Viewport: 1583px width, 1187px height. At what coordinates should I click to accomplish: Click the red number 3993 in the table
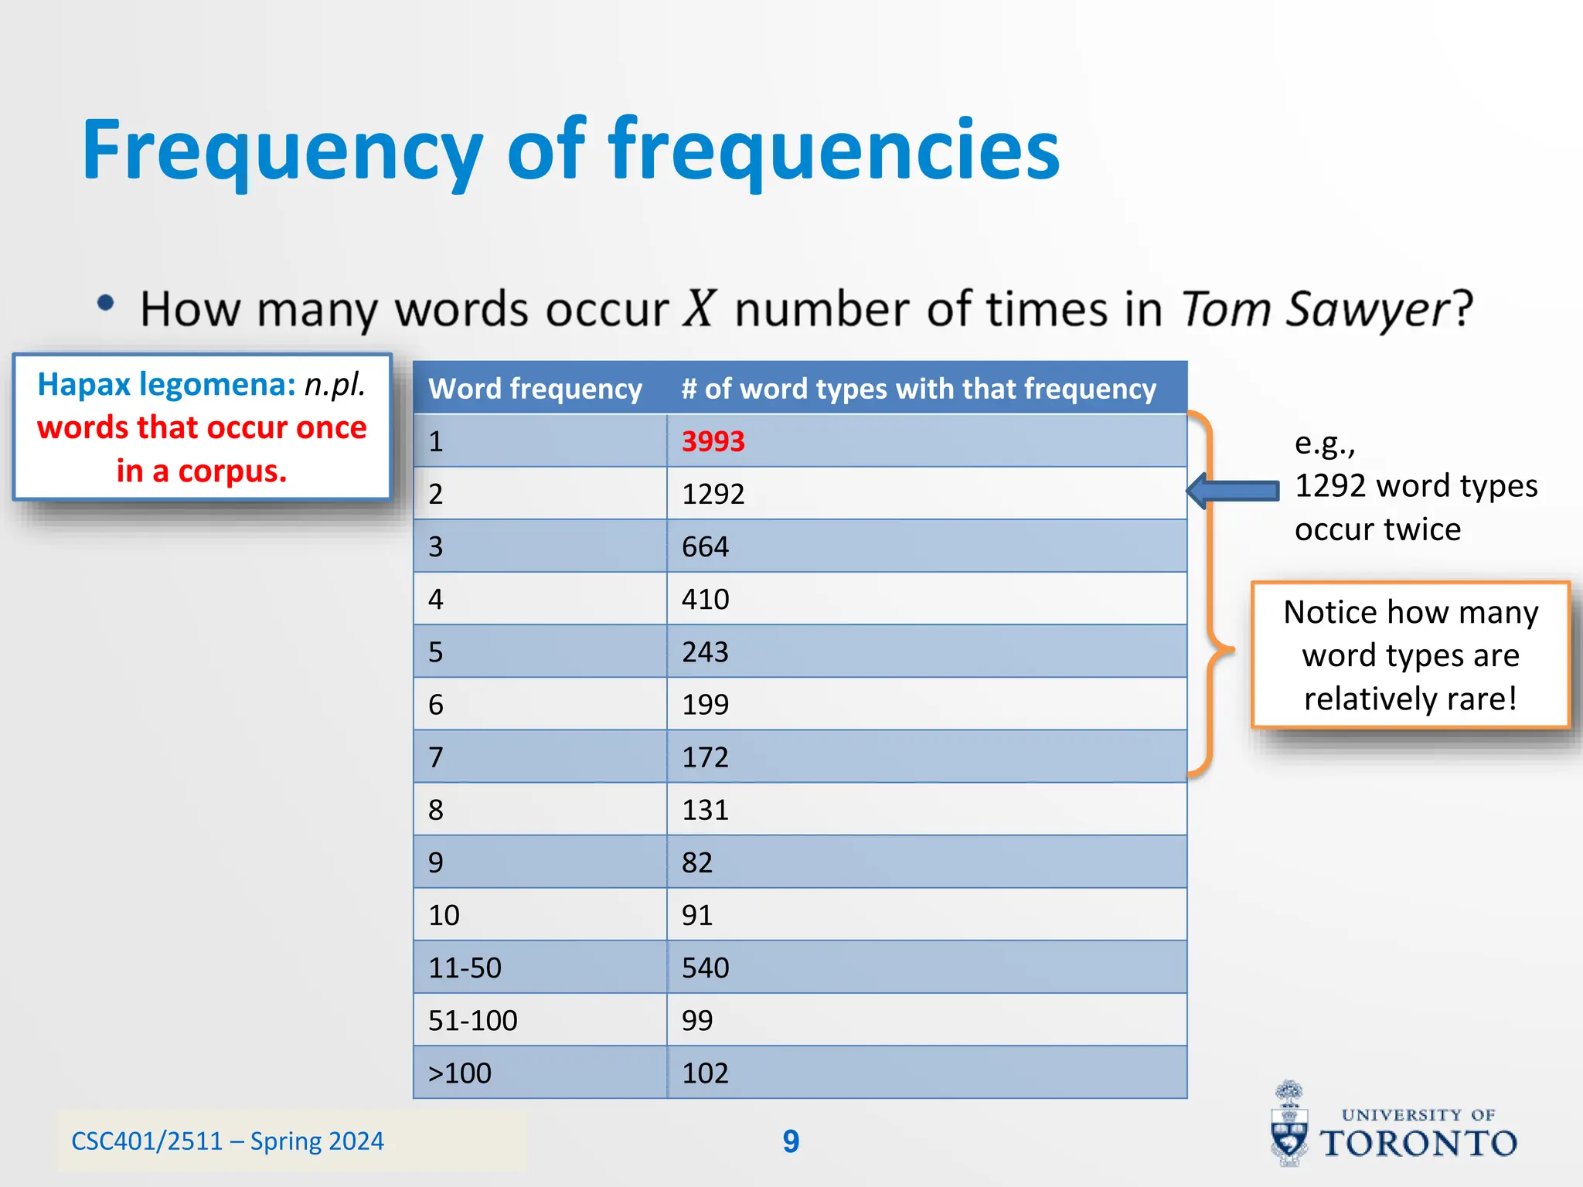[713, 441]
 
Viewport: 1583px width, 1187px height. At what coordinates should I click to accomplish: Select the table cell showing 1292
[713, 494]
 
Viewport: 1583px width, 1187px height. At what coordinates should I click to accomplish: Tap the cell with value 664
[705, 547]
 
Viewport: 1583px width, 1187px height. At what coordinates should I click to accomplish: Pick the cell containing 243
[705, 652]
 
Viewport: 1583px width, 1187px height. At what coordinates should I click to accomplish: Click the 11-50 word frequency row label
[465, 968]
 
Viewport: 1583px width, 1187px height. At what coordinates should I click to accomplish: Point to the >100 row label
[460, 1073]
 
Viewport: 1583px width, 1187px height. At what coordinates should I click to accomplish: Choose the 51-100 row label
[472, 1021]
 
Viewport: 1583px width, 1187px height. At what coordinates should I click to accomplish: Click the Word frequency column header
[535, 389]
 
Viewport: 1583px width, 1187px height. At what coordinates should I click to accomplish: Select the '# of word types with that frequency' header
[918, 389]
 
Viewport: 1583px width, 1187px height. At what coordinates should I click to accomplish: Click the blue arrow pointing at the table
[1233, 491]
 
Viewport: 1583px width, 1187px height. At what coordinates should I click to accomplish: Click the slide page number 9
[791, 1141]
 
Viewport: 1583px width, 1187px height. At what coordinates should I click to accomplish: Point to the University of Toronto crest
[1289, 1124]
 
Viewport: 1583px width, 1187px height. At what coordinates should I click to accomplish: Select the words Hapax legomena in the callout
[166, 385]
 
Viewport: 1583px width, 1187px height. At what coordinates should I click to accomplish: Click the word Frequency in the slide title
[282, 151]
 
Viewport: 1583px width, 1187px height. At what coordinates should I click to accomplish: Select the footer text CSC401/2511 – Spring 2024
[227, 1141]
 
